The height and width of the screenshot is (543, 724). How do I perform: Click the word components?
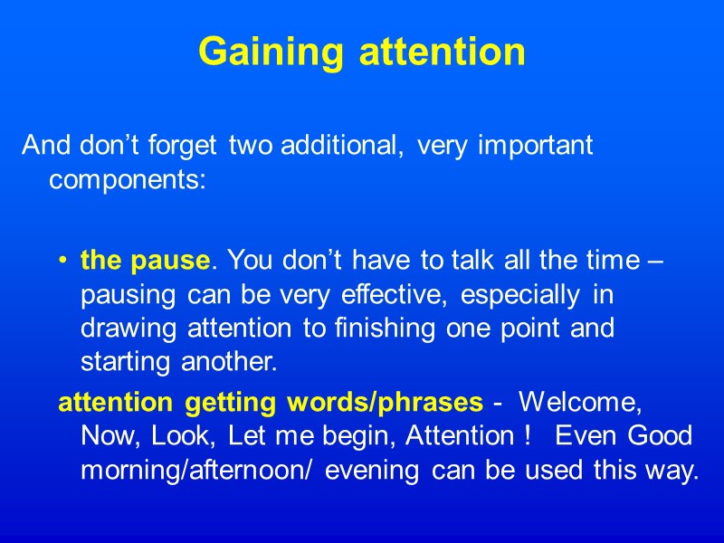(x=128, y=179)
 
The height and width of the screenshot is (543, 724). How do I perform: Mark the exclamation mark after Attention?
(x=527, y=436)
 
